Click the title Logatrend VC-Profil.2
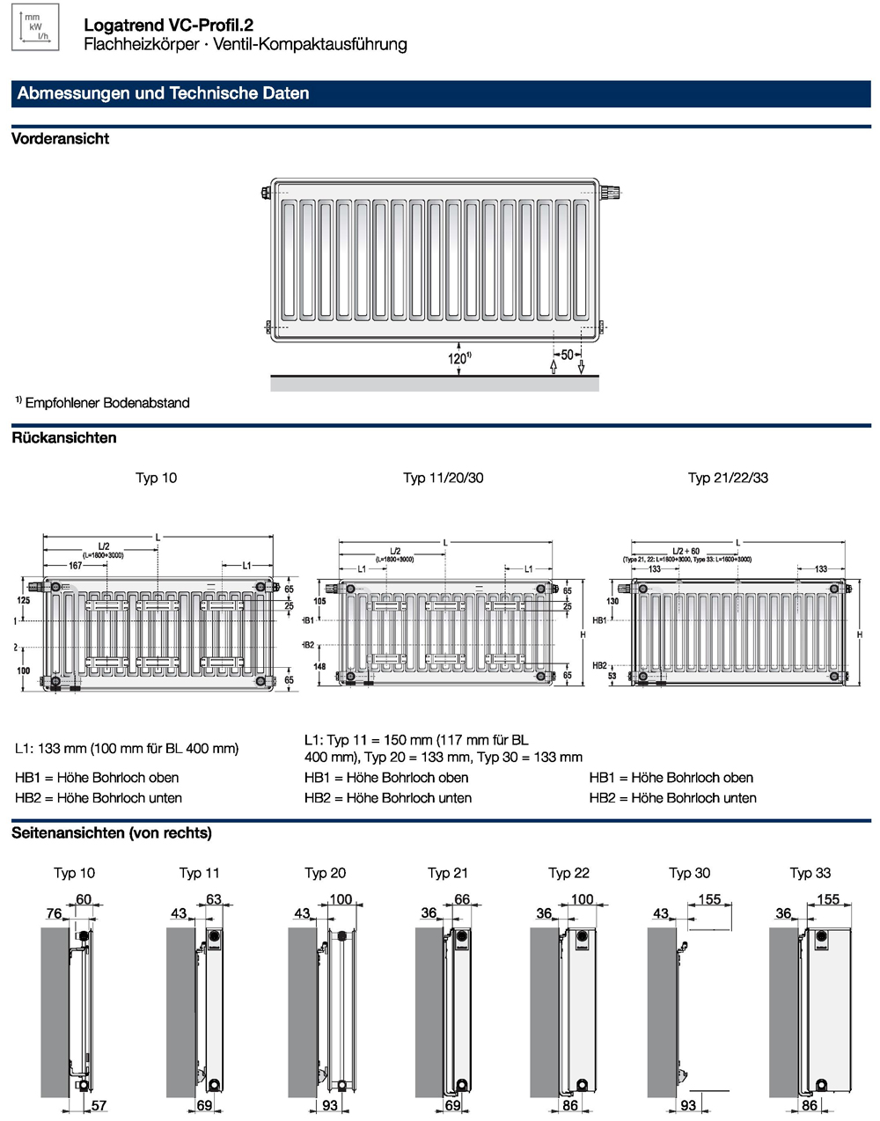click(x=168, y=26)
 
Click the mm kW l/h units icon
click(x=34, y=26)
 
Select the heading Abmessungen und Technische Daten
click(x=163, y=93)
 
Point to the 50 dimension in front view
click(x=567, y=355)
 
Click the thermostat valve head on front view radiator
click(x=611, y=191)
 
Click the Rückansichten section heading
click(x=63, y=437)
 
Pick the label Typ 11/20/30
click(x=443, y=478)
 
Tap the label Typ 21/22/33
click(x=728, y=478)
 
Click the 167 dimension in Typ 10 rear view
click(x=75, y=566)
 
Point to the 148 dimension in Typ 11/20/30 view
click(x=319, y=666)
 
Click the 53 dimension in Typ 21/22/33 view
click(x=612, y=676)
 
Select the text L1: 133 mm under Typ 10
click(x=126, y=749)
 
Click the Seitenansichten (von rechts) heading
click(x=112, y=832)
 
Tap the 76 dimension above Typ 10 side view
click(x=54, y=913)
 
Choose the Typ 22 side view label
click(x=568, y=873)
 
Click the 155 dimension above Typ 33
click(x=828, y=899)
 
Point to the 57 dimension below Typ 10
click(x=99, y=1106)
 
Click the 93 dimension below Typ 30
click(x=688, y=1105)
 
